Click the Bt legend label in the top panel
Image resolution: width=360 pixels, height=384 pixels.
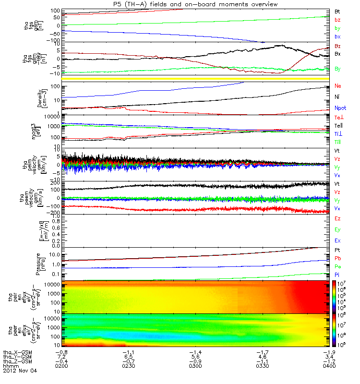(337, 11)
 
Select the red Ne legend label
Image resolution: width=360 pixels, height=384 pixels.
(337, 86)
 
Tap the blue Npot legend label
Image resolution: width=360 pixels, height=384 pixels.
(339, 108)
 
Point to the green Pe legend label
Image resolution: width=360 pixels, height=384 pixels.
(337, 267)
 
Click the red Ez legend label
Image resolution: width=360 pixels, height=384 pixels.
(337, 219)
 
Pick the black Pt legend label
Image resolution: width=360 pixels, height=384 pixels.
(337, 251)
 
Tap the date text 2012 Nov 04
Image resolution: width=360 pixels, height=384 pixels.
(20, 371)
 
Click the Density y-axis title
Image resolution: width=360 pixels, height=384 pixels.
(40, 97)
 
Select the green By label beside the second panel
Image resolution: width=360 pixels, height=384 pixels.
(337, 69)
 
